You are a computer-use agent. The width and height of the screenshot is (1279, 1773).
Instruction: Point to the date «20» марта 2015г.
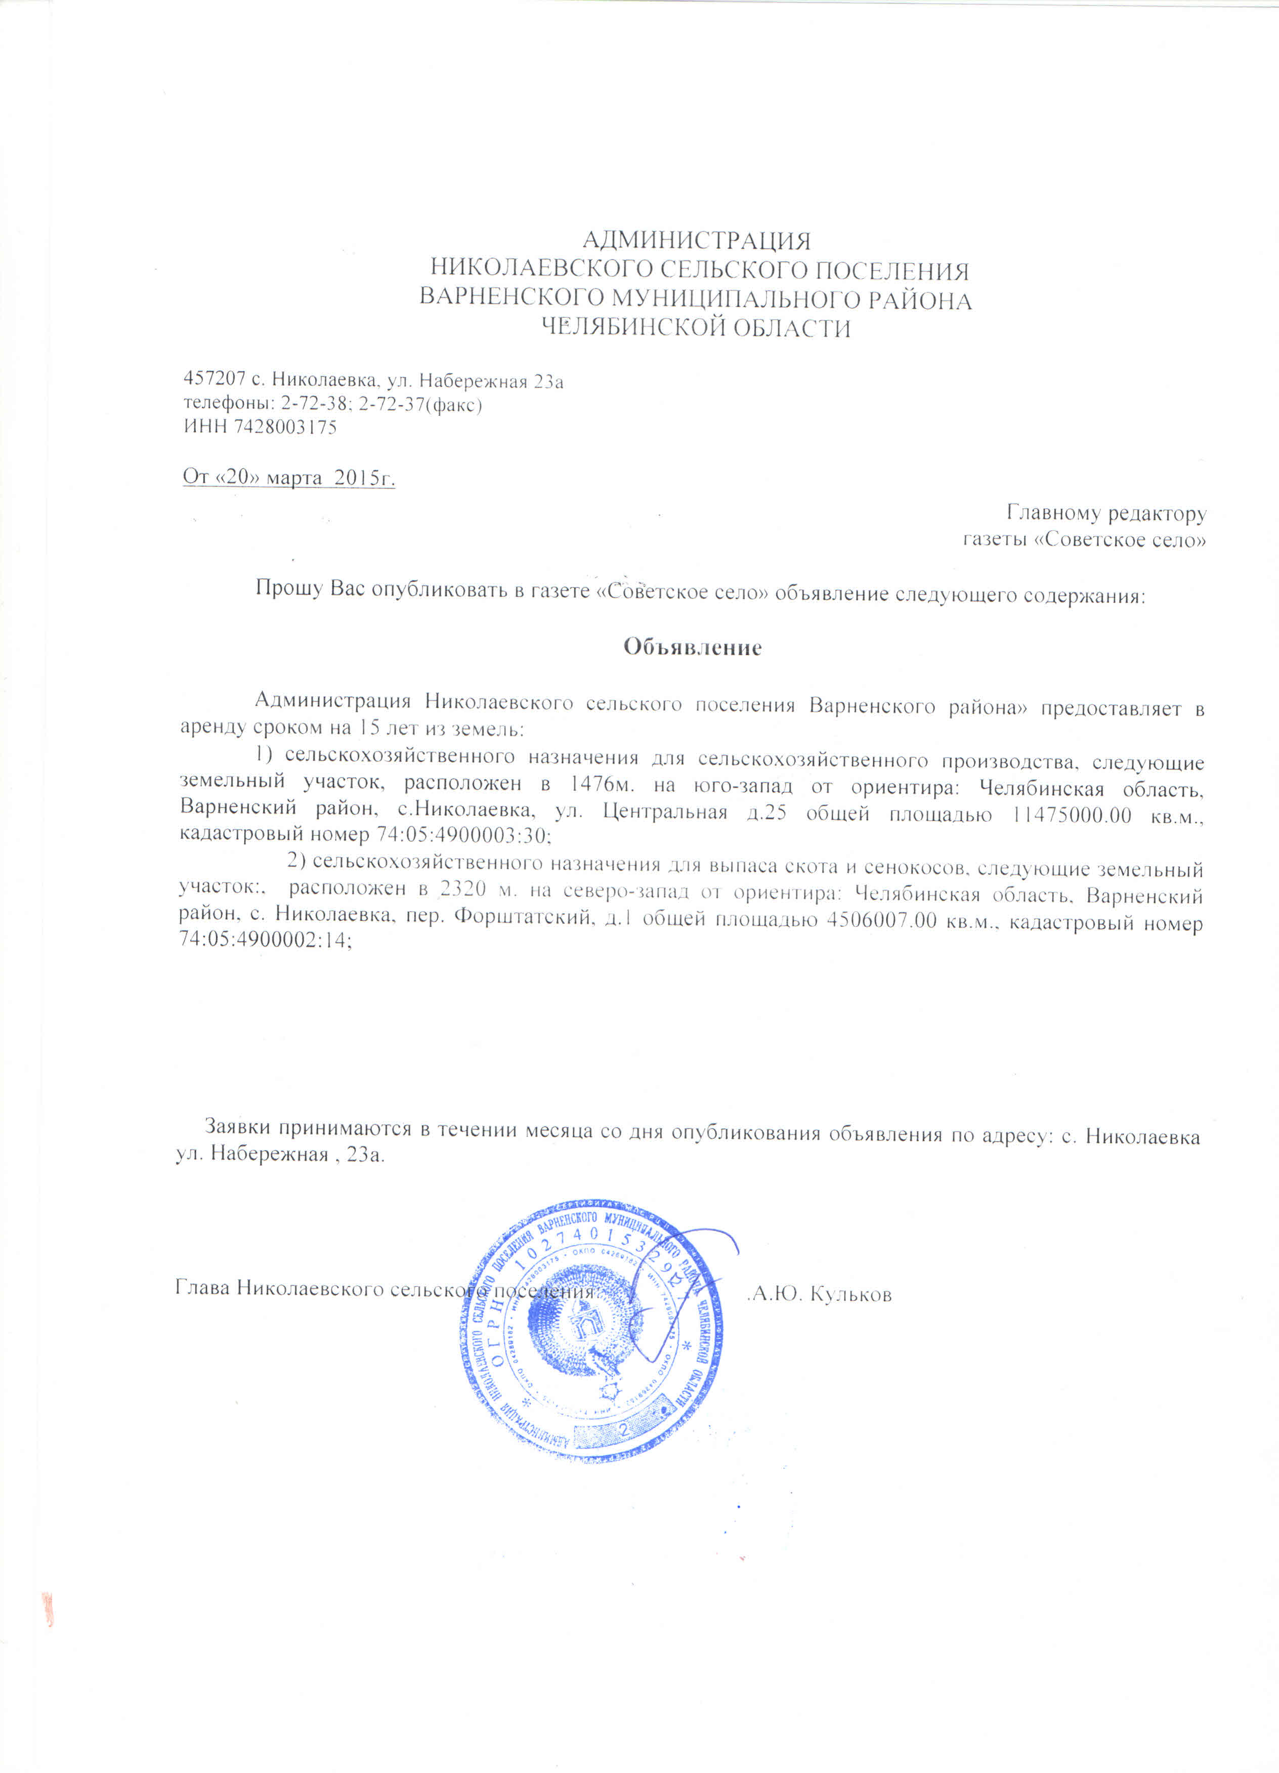tap(288, 477)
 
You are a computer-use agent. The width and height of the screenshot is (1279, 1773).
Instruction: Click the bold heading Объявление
tap(692, 647)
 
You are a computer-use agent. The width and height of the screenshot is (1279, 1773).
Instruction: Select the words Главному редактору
tap(1106, 514)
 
